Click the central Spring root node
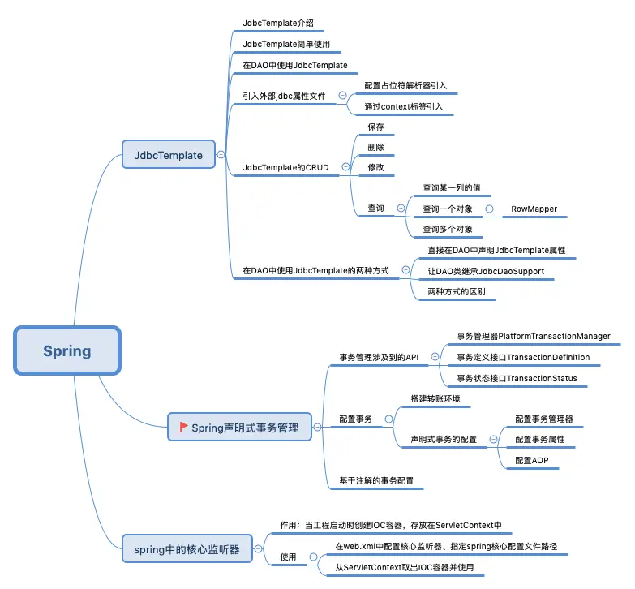click(x=67, y=350)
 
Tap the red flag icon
click(x=184, y=426)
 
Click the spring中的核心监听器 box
click(x=187, y=548)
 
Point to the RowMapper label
click(x=534, y=209)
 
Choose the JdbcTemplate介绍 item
click(x=277, y=24)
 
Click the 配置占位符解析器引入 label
click(x=405, y=84)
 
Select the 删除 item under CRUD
click(x=375, y=148)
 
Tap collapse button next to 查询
click(x=401, y=209)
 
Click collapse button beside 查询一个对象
click(x=489, y=209)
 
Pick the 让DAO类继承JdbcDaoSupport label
click(x=486, y=270)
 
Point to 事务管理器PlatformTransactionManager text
click(x=534, y=336)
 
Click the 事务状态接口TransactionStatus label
click(x=517, y=378)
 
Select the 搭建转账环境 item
click(x=440, y=398)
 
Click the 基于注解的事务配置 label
click(x=376, y=481)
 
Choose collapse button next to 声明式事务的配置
click(x=493, y=439)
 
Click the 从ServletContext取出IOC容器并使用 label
click(x=404, y=567)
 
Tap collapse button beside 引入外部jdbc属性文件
click(x=342, y=96)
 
